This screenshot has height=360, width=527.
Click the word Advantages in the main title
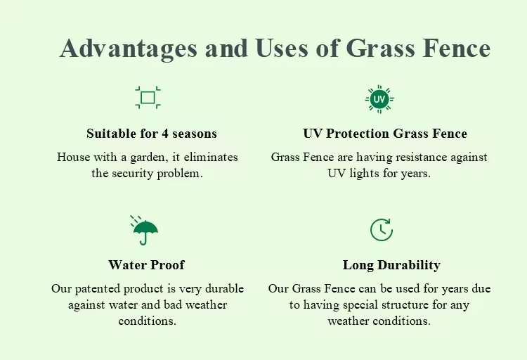(128, 49)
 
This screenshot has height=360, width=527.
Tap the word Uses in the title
(282, 48)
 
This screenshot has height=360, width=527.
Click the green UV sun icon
(379, 99)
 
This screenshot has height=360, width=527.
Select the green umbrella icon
(145, 230)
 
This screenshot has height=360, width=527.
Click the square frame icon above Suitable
(148, 98)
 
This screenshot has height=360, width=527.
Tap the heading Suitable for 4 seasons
(152, 134)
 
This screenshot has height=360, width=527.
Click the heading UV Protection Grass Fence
(385, 134)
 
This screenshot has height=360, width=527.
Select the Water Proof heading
(146, 265)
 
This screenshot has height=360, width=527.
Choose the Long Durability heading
(391, 265)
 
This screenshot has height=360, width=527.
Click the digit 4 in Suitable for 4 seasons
(165, 134)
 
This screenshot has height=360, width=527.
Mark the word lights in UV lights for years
(364, 174)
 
